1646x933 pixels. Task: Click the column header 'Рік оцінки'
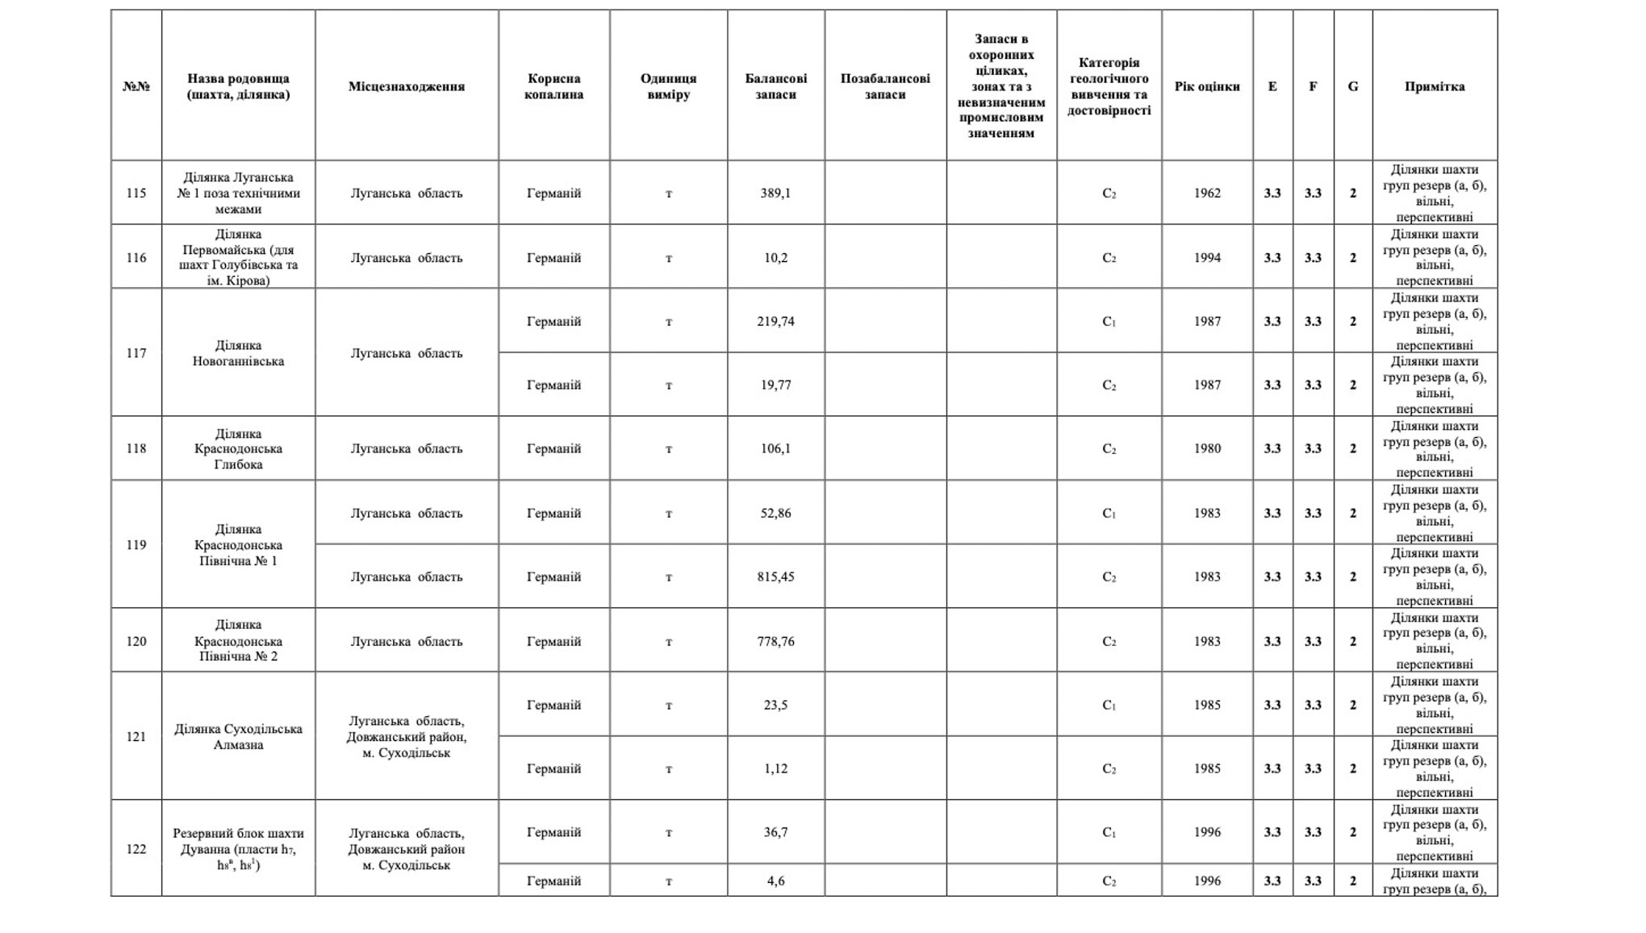point(1206,86)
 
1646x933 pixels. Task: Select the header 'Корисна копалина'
point(554,86)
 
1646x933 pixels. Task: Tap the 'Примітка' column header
point(1434,86)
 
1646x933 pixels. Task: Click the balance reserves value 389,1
point(775,193)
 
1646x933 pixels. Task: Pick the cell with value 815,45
point(775,577)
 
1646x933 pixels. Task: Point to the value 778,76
point(775,641)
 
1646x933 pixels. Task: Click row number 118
point(136,448)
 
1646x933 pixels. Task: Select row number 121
point(136,736)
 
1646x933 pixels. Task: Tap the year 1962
point(1206,193)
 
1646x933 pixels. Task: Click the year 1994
point(1206,257)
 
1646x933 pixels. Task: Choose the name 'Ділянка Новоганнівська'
point(238,353)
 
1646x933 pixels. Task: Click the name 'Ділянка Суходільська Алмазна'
point(238,736)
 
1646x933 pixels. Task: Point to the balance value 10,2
point(775,257)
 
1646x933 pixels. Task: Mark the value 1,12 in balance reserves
point(775,768)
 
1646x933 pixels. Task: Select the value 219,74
point(775,321)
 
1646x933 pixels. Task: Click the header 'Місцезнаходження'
point(406,86)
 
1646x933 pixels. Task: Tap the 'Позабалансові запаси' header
point(885,86)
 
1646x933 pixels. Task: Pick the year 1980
point(1206,448)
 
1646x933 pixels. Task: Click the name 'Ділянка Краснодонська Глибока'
point(238,448)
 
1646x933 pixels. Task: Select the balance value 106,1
point(775,448)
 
